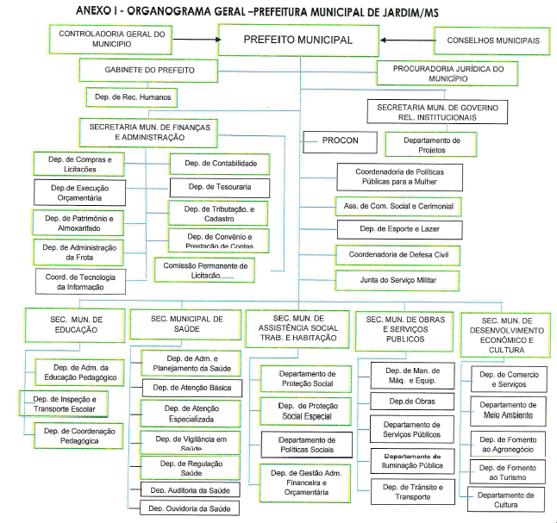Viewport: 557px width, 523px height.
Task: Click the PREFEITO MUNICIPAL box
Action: [298, 40]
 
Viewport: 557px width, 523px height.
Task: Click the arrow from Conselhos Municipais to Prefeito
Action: [407, 40]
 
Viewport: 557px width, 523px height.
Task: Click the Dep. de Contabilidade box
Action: [213, 163]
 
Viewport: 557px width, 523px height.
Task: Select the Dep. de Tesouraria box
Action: [213, 187]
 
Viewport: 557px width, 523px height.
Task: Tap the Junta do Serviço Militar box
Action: [397, 281]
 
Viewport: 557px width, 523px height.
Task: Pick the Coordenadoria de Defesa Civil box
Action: [397, 255]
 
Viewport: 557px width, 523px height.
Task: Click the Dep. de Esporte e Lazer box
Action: [397, 229]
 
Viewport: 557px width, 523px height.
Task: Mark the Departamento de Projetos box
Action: [432, 144]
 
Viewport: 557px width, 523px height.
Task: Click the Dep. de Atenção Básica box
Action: [191, 388]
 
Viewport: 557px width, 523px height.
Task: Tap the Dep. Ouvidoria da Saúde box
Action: [191, 508]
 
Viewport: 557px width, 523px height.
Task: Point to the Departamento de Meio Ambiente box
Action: [509, 410]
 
